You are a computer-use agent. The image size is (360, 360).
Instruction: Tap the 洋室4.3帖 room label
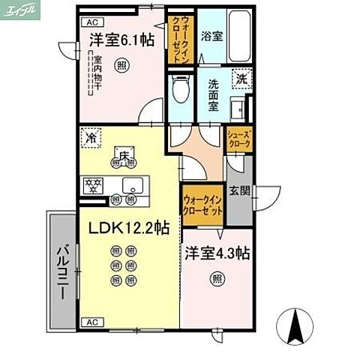(x=217, y=253)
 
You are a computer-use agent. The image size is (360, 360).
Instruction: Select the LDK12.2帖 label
(x=130, y=226)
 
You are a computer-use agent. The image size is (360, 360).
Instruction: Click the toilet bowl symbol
(x=179, y=94)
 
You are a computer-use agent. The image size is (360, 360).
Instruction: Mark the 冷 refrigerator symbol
(x=90, y=138)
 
